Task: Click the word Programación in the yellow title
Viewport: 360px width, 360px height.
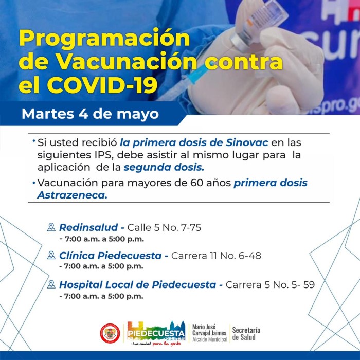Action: coord(105,39)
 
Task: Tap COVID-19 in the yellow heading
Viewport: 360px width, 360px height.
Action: coord(102,85)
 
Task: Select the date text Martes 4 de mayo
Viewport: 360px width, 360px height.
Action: coord(90,114)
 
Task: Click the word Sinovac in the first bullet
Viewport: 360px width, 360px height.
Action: coord(247,142)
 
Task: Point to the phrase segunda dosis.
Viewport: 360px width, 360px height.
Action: coord(164,167)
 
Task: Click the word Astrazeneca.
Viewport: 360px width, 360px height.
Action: coord(73,195)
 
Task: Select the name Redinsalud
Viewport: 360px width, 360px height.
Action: coord(88,227)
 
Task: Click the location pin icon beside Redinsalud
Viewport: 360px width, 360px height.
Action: coord(51,227)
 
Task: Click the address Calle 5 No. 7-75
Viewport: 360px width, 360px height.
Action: coord(164,227)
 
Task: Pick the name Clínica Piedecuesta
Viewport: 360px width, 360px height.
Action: coord(111,256)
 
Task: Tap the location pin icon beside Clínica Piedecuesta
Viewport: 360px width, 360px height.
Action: coord(51,255)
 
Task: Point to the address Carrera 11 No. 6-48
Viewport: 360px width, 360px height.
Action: coord(217,256)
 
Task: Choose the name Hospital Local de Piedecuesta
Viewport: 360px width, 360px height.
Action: coord(137,285)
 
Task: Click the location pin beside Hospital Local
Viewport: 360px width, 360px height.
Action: coord(51,284)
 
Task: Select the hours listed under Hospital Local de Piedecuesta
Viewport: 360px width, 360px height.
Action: coord(101,296)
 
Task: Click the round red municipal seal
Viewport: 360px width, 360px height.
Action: coord(110,333)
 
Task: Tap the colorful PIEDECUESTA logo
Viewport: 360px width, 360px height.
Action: coord(156,333)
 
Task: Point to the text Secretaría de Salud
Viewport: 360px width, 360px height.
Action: coord(246,334)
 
